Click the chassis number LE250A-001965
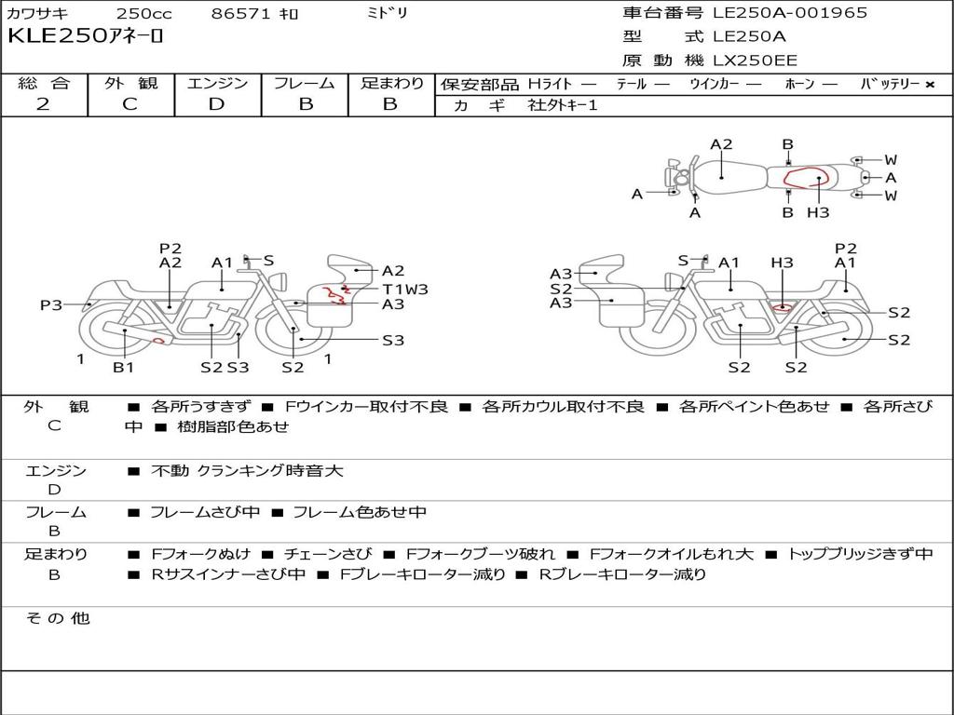[x=789, y=13]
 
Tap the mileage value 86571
[x=242, y=14]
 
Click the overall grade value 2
[x=43, y=104]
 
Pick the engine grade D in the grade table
[x=216, y=104]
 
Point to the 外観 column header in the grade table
[x=130, y=83]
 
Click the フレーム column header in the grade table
[x=305, y=83]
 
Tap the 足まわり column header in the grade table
[x=391, y=83]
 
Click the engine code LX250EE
[x=755, y=61]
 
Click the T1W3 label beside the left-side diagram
[x=404, y=289]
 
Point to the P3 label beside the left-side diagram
[x=51, y=304]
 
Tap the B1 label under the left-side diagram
[x=124, y=368]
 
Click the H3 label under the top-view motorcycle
[x=818, y=212]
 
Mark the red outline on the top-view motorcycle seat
[x=803, y=178]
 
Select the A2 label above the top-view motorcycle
[x=721, y=144]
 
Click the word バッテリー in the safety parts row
[x=891, y=84]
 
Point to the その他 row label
[x=57, y=618]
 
